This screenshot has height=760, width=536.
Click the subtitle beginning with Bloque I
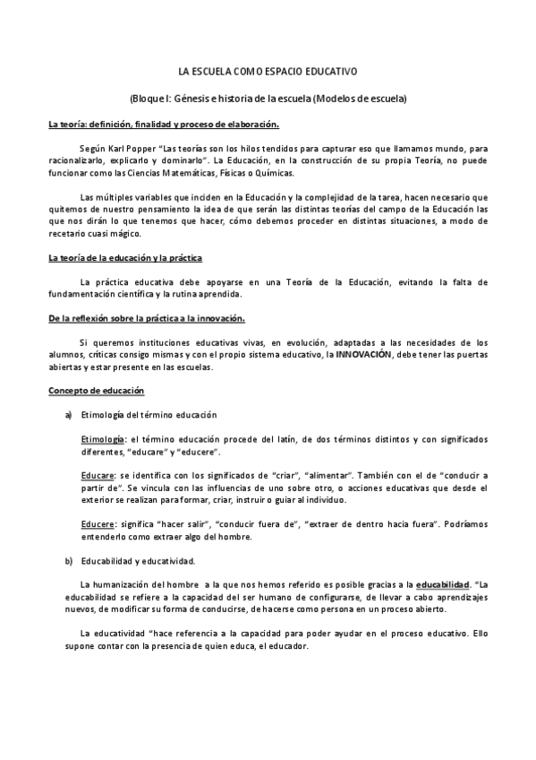tap(268, 98)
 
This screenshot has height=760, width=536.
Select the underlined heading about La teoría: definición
tap(164, 124)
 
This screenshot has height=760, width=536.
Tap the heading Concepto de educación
tap(96, 392)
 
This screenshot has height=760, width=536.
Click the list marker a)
tap(69, 416)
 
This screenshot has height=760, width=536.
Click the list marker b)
tap(69, 561)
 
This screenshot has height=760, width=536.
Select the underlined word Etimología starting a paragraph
tap(103, 440)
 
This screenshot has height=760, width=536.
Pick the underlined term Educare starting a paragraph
tap(98, 476)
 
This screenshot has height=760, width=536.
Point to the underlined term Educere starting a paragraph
tap(98, 524)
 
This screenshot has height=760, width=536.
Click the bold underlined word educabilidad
tap(443, 585)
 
